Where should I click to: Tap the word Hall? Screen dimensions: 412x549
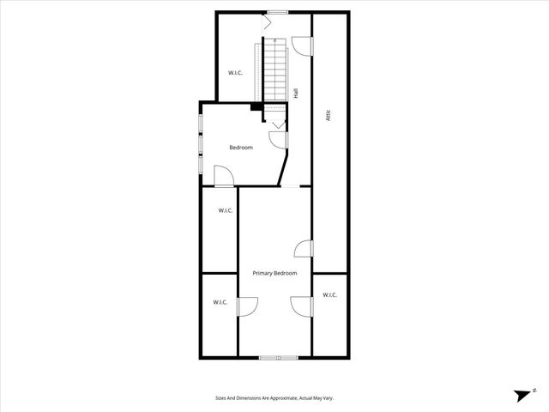tap(296, 94)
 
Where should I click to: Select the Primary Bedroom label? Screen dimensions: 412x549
tap(274, 273)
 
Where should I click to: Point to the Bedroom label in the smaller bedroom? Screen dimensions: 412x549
tap(241, 148)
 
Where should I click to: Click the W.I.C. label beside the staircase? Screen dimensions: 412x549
tap(235, 73)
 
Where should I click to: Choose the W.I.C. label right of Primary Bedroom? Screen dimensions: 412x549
tap(330, 295)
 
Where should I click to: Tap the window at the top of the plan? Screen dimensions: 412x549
tap(277, 11)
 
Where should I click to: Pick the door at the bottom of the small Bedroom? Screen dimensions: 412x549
tap(223, 178)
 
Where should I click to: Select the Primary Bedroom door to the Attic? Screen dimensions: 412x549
tap(303, 248)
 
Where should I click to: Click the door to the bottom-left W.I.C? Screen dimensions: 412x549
tap(246, 306)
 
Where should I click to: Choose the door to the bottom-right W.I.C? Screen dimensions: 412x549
tap(300, 306)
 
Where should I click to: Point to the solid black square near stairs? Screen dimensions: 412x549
tap(255, 106)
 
